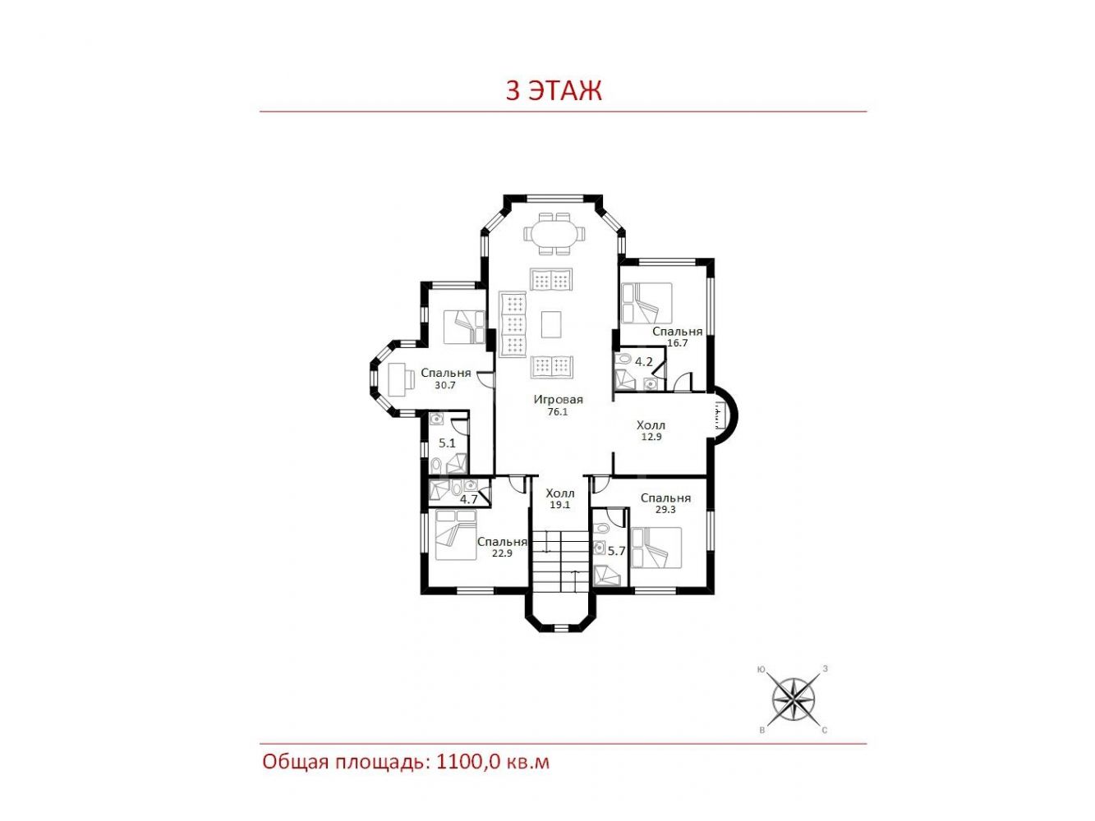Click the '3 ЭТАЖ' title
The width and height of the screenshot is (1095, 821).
(554, 90)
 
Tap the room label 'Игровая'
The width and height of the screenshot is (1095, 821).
(558, 399)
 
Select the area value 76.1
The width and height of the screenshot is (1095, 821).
(557, 412)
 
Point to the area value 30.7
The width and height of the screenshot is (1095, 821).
(445, 385)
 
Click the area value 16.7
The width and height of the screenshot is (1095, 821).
(678, 343)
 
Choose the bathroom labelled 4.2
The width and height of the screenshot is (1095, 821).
(643, 362)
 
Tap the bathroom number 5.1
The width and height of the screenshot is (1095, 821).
(447, 443)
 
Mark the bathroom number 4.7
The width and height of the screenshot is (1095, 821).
(469, 499)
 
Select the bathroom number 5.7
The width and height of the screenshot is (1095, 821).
(616, 551)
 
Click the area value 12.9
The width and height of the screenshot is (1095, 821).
(651, 437)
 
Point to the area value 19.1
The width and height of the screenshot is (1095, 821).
(559, 504)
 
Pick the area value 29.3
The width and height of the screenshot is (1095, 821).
(665, 510)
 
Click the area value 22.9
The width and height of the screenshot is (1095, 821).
(502, 553)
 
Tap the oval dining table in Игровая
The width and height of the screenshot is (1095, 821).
(554, 233)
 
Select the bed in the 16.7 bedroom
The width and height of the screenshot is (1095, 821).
(646, 303)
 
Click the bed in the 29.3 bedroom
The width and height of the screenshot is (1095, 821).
(656, 548)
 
